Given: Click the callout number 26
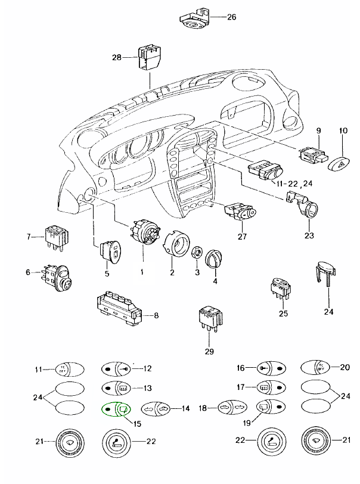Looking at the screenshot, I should (x=232, y=17).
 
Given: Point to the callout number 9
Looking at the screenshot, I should (x=319, y=130).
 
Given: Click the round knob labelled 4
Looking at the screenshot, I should (x=213, y=261).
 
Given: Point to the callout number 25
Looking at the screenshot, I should (x=284, y=313).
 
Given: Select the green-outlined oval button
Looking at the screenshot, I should (x=116, y=409).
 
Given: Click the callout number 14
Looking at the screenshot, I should (x=185, y=409).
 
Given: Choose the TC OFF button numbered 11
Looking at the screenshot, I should (x=63, y=370).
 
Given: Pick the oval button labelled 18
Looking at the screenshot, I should (x=229, y=409).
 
